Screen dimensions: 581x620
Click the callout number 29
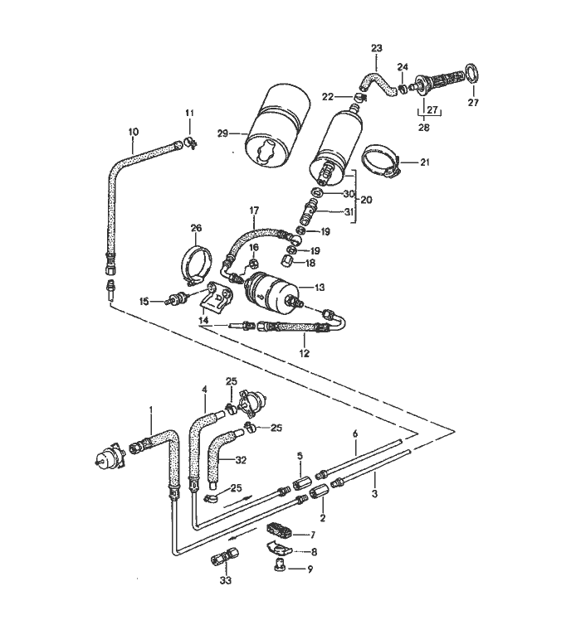(223, 133)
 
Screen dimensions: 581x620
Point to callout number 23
(377, 48)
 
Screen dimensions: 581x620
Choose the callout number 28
(424, 128)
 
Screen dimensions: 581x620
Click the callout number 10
(134, 132)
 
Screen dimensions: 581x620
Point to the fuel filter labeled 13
(269, 288)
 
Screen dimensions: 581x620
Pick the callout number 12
(304, 353)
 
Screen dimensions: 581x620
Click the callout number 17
(254, 211)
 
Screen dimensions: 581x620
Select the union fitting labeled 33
(225, 557)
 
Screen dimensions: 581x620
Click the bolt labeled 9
(279, 567)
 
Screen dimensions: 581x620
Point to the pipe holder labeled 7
(281, 530)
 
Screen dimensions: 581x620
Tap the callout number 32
(241, 460)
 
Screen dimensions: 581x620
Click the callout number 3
(374, 493)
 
